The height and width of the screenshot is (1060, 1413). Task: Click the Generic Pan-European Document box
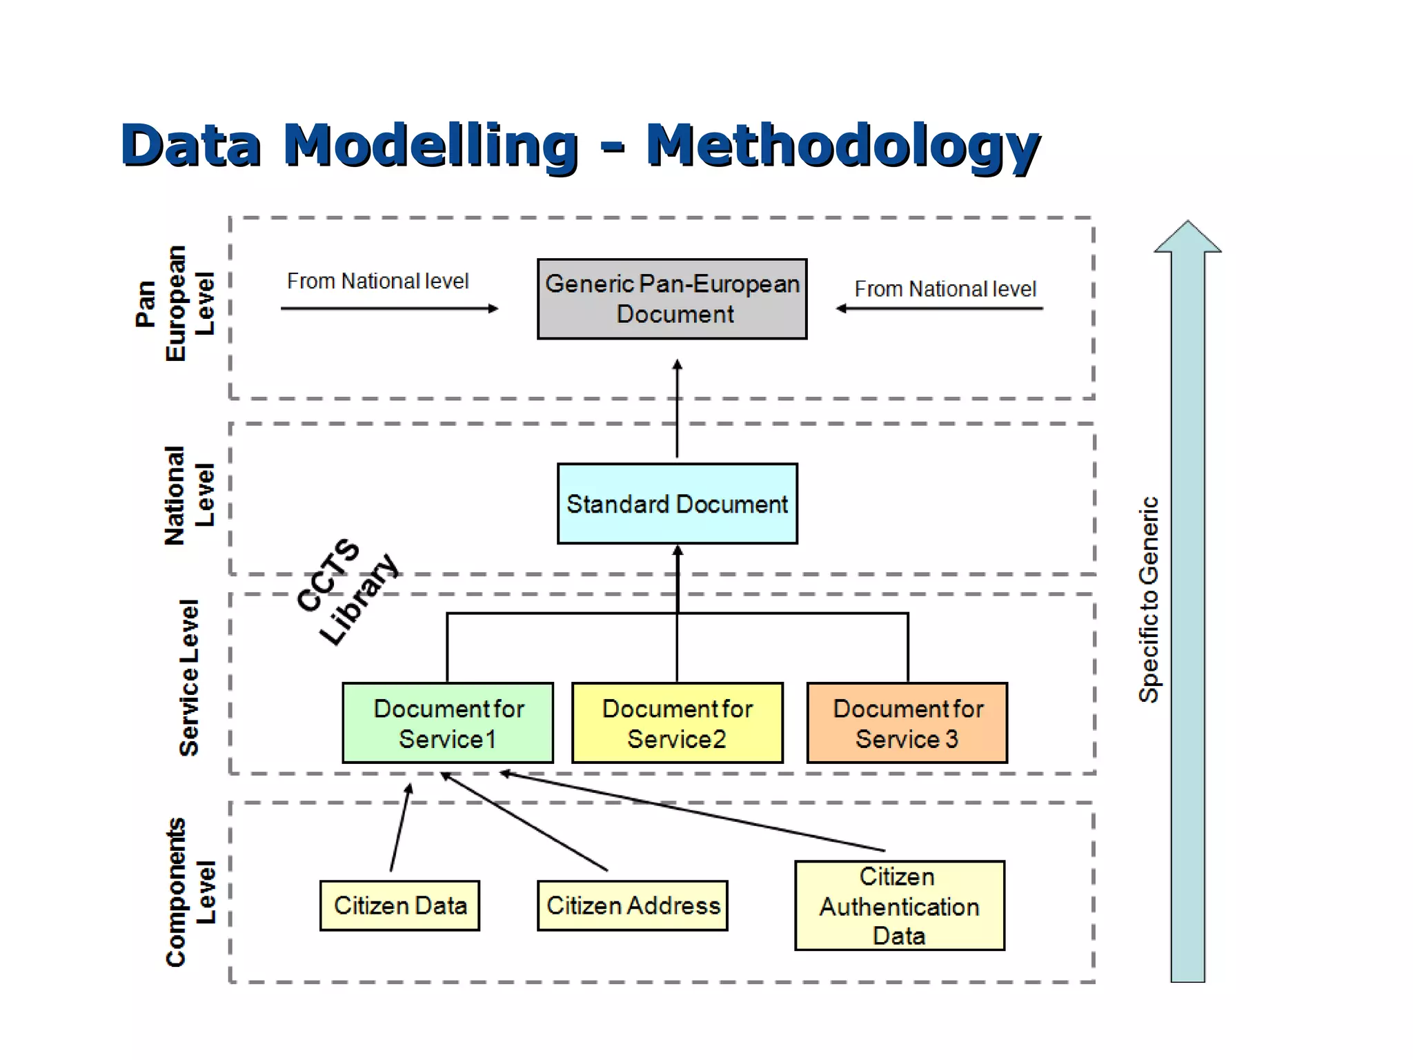pos(672,299)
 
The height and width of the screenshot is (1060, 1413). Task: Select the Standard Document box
pos(677,504)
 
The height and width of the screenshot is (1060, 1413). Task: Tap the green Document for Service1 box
pos(448,723)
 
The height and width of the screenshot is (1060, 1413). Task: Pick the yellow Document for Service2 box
pos(677,723)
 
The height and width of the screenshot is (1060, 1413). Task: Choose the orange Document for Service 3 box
pos(907,723)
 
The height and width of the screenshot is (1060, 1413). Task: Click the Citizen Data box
pos(399,905)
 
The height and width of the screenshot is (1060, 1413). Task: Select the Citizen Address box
pos(632,905)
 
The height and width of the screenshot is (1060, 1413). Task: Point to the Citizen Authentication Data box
pos(899,905)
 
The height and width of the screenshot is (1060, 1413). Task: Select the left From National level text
pos(377,281)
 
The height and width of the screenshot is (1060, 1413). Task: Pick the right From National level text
pos(945,288)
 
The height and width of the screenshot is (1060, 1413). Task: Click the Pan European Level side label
pos(175,304)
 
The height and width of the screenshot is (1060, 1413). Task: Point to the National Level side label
pos(188,495)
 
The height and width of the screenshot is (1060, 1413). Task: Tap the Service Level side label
pos(188,678)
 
